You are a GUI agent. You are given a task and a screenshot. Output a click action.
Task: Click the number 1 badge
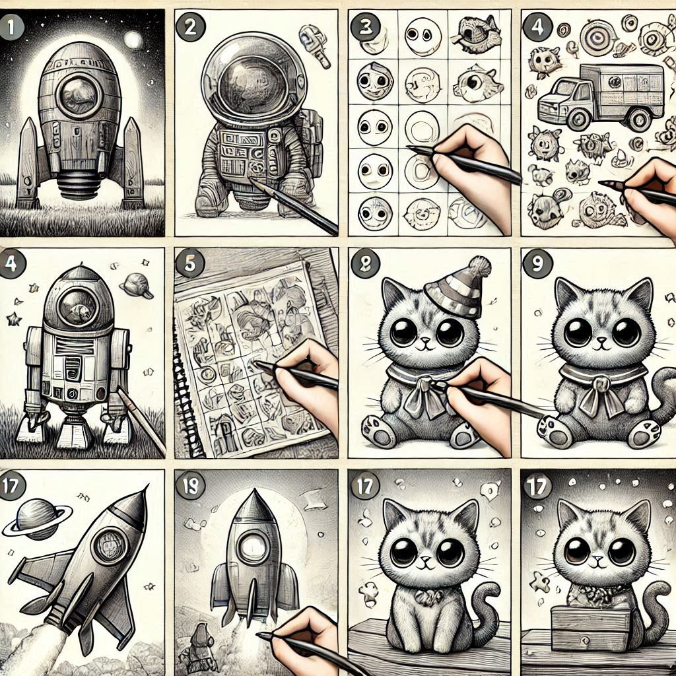coord(12,26)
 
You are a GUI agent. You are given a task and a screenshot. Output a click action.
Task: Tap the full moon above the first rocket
coord(133,40)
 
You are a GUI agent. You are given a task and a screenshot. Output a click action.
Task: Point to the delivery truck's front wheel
coord(579,119)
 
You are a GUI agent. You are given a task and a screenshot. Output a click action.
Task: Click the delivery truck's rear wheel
coord(639,119)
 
